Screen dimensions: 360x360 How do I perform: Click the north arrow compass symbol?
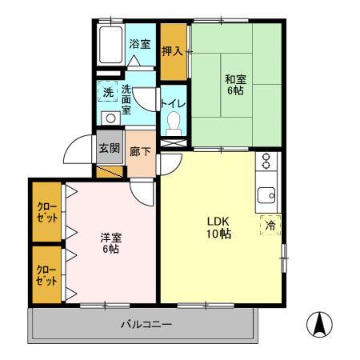coord(319,326)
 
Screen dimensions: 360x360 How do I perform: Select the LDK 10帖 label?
coord(219,228)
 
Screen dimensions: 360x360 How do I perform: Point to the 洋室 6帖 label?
coord(110,242)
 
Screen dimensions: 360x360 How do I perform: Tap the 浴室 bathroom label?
coord(140,44)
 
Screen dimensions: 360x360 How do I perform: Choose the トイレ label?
coord(173,104)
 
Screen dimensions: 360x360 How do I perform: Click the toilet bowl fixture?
coord(174,124)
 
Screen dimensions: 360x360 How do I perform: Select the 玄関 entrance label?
coord(108,149)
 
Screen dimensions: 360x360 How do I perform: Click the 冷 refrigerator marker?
coord(269,225)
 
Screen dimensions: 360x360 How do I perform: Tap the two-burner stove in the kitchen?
coord(266,163)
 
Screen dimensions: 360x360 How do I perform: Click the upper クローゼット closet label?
coord(46,212)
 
